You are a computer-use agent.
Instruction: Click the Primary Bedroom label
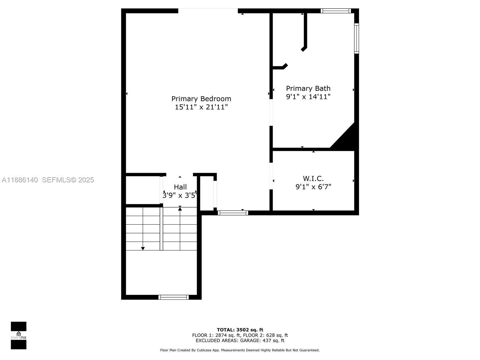(x=201, y=99)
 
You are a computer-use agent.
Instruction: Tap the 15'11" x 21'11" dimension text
(x=201, y=107)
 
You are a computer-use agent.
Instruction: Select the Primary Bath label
(x=308, y=88)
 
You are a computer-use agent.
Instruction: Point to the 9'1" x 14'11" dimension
(x=308, y=97)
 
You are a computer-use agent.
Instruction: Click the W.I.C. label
(x=313, y=178)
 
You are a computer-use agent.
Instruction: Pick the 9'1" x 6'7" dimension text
(x=313, y=187)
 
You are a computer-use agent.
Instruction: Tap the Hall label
(x=180, y=187)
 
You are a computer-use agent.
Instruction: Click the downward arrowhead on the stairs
(x=143, y=248)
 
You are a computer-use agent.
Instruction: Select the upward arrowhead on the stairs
(x=180, y=208)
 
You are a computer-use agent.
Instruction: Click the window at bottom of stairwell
(x=173, y=297)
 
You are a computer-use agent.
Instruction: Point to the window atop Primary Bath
(x=335, y=11)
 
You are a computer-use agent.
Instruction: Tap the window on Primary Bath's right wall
(x=356, y=38)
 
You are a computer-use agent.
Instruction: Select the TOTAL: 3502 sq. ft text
(x=240, y=330)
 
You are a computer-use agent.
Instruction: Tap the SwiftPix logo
(x=19, y=335)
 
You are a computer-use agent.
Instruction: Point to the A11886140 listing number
(x=20, y=180)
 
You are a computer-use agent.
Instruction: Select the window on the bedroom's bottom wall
(x=233, y=213)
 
